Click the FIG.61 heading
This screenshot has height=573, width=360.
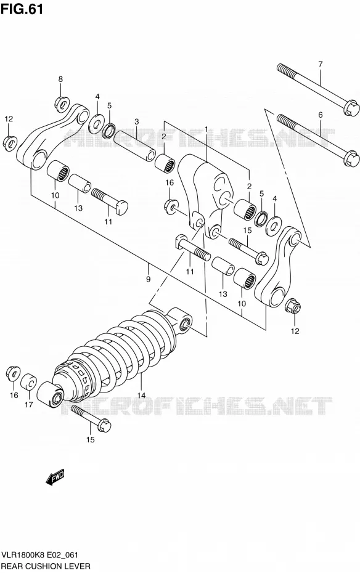pos(22,9)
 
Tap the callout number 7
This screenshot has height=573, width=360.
pos(320,64)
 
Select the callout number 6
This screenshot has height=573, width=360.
pos(320,115)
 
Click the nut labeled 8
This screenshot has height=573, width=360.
pos(62,103)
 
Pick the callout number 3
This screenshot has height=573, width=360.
pos(136,121)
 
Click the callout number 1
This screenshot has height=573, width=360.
pos(206,129)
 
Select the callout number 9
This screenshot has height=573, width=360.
pos(148,280)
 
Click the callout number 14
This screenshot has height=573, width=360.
pos(141,395)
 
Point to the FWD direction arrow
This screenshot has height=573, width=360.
pos(55,477)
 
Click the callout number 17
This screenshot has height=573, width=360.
pos(29,404)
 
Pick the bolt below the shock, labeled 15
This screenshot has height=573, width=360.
pos(91,418)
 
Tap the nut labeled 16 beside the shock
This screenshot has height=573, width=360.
pos(13,372)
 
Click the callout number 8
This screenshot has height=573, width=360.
pos(60,79)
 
